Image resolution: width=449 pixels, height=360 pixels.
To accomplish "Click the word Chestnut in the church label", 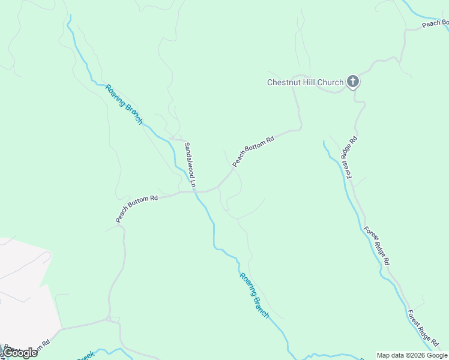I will (x=285, y=82).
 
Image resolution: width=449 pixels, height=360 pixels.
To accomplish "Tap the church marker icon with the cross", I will (x=353, y=82).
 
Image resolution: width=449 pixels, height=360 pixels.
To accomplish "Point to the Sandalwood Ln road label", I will (x=190, y=166).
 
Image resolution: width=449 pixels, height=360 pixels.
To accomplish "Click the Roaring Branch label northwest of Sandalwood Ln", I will (x=124, y=104).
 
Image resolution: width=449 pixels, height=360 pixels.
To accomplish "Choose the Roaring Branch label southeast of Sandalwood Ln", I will (x=255, y=295).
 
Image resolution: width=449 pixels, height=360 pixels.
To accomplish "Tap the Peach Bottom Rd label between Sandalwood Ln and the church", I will (x=253, y=150).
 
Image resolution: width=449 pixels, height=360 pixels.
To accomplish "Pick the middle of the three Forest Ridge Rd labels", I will (x=377, y=246).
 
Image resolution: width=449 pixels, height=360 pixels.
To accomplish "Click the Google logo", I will (x=20, y=352).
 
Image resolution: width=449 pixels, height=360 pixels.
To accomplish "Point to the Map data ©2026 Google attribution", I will (x=412, y=355).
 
